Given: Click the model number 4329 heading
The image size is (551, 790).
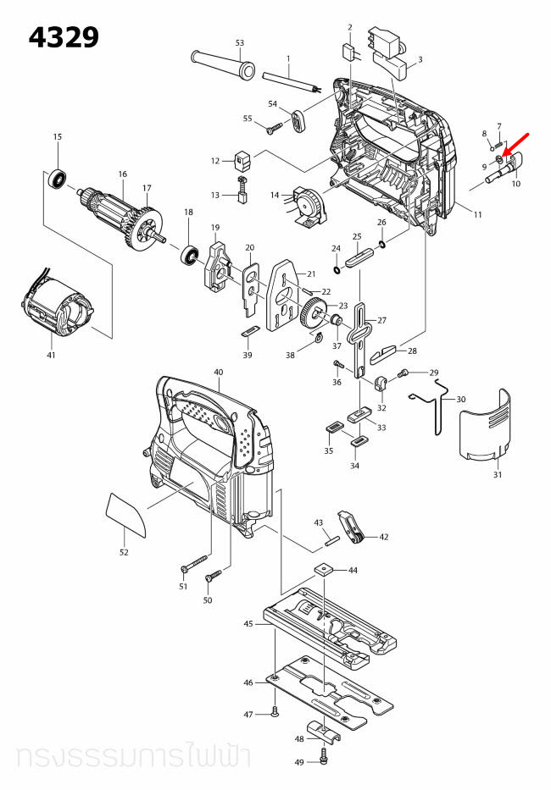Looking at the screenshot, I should tap(64, 37).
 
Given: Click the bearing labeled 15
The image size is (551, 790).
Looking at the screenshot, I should tap(58, 179).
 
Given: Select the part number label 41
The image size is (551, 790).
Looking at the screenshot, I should tap(51, 355).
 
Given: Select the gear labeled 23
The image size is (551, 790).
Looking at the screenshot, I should tap(314, 314).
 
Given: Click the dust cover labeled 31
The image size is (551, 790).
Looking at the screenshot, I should tap(486, 427).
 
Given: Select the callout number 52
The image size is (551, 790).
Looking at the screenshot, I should tap(124, 552).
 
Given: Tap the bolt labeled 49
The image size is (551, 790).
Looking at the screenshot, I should tap(324, 753).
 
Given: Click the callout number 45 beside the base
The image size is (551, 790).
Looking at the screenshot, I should tap(248, 624).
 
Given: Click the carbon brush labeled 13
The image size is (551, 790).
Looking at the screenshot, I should tap(241, 196).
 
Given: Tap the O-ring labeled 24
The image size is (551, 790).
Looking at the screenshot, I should tap(338, 270).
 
